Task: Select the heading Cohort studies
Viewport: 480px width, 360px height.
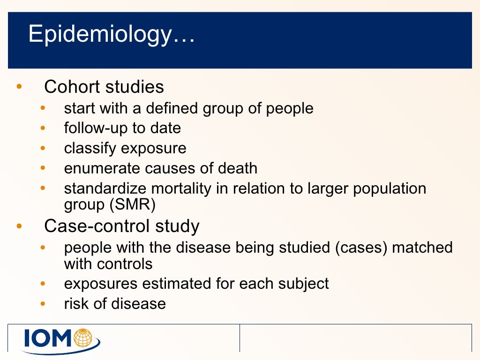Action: (x=104, y=87)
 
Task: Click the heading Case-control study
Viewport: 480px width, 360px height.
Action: (x=121, y=226)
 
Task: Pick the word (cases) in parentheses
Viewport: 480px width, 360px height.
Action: (x=361, y=247)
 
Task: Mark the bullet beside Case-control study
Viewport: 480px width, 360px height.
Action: (x=19, y=226)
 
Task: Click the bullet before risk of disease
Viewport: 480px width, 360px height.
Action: (x=43, y=304)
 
